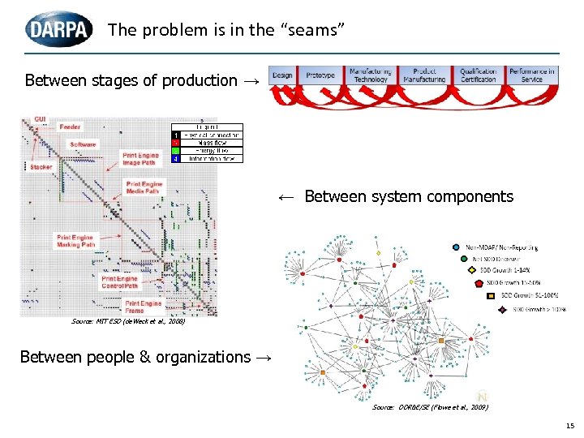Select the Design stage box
click(x=282, y=75)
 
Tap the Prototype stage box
click(x=320, y=75)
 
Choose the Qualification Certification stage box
click(x=479, y=75)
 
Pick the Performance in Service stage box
click(x=532, y=75)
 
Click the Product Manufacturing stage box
click(x=424, y=75)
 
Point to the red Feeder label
click(x=70, y=127)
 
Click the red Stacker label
click(x=41, y=167)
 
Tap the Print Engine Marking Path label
click(x=75, y=241)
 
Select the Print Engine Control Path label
click(x=120, y=281)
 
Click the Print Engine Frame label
click(x=143, y=307)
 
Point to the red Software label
click(x=83, y=144)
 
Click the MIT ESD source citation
click(x=128, y=322)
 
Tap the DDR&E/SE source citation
click(x=430, y=406)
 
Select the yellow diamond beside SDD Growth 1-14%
click(x=472, y=270)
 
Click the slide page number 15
click(x=569, y=426)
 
